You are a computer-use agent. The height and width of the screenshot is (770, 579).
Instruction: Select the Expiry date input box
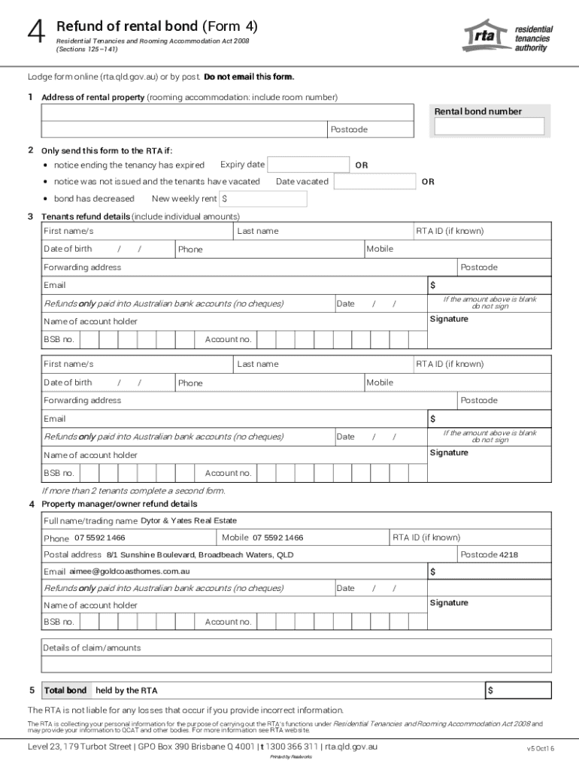click(307, 165)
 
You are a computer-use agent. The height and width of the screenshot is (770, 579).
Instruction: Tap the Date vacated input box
click(374, 182)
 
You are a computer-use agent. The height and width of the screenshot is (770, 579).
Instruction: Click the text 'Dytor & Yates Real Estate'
click(189, 520)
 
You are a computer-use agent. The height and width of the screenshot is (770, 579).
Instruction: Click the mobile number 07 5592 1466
click(278, 538)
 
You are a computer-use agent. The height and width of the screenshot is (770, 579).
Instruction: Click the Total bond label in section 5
click(65, 690)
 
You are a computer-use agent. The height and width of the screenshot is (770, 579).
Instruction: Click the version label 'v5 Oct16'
click(541, 748)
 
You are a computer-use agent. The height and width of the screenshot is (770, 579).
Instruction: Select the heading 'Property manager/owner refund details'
click(120, 504)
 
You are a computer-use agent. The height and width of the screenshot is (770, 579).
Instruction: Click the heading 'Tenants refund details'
click(86, 217)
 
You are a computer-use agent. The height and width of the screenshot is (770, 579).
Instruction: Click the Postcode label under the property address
click(349, 130)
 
